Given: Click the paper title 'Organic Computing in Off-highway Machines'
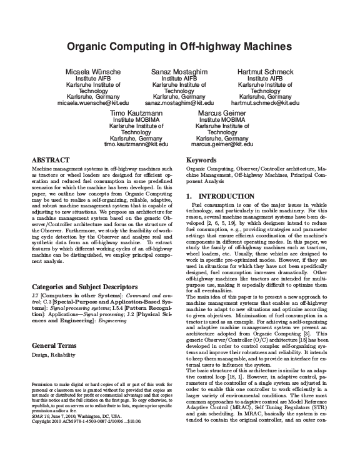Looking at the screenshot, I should pos(180,46).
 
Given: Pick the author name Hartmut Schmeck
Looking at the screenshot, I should pos(265,72).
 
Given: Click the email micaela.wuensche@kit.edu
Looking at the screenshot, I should pos(93,102).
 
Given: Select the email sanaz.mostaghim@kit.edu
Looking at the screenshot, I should pos(179,102).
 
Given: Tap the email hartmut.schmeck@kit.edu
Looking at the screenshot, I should pos(265,102).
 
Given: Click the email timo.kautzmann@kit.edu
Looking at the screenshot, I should pos(136,143).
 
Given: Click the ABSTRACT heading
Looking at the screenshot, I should pos(51,161).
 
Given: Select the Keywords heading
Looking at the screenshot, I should pos(202,161).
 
